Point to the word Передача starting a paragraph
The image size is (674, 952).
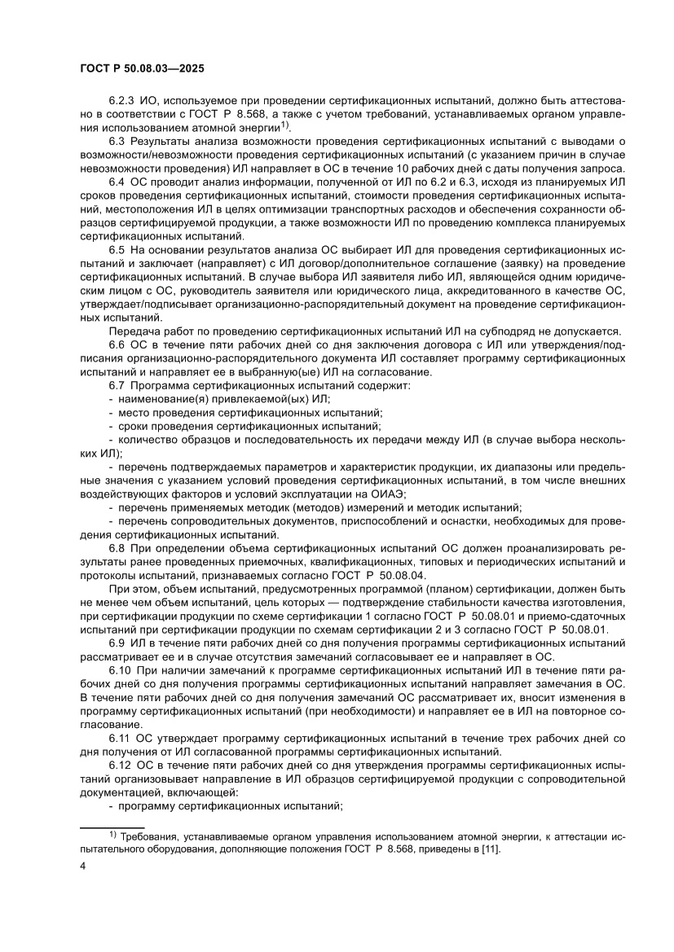(133, 331)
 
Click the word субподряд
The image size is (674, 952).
(507, 331)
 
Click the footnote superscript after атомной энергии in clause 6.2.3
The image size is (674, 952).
(285, 125)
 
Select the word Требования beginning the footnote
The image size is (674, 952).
(152, 837)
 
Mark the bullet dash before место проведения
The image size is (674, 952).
(111, 412)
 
